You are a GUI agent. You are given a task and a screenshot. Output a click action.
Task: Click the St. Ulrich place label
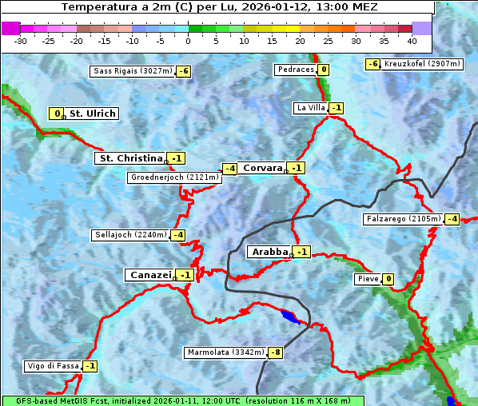tap(93, 113)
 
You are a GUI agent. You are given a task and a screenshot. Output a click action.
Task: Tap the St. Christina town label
tap(129, 158)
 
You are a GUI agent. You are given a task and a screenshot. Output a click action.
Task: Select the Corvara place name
tap(263, 168)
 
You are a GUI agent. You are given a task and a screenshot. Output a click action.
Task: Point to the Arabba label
tap(269, 252)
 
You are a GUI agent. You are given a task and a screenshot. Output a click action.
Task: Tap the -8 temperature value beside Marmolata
tap(276, 352)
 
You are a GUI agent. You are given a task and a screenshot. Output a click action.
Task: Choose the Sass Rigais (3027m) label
tap(132, 71)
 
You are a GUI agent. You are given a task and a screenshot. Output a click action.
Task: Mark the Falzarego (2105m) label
tap(403, 219)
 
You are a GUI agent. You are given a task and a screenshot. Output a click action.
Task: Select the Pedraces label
tap(295, 70)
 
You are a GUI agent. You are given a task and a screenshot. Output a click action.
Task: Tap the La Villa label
tap(309, 108)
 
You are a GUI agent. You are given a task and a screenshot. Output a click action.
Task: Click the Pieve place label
tap(367, 279)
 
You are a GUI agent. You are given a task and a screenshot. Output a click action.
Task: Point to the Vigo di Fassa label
tap(54, 366)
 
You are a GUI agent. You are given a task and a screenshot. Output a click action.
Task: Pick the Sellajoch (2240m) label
tap(130, 235)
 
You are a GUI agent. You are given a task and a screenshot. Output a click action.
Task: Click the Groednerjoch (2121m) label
tap(174, 177)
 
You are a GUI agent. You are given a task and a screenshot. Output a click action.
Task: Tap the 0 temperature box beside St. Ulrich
tap(57, 113)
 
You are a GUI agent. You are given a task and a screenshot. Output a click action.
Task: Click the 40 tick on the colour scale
tap(412, 41)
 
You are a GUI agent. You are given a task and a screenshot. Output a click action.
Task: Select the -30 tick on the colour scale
tap(21, 41)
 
